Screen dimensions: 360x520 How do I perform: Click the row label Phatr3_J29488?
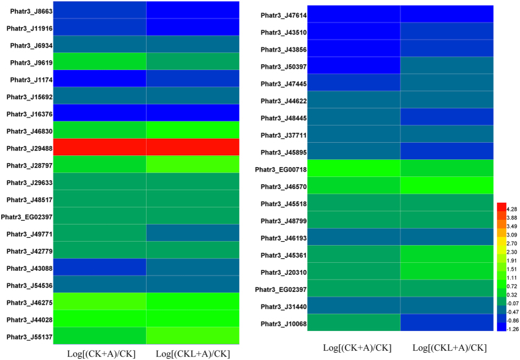tap(30, 147)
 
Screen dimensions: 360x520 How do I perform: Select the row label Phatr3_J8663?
tap(30, 12)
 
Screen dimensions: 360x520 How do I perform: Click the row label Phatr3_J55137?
tap(30, 336)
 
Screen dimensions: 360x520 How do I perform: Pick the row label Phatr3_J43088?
tap(30, 268)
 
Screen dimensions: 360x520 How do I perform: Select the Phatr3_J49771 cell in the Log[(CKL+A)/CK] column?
tap(192, 233)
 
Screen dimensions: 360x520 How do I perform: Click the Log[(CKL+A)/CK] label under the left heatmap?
tap(193, 354)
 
